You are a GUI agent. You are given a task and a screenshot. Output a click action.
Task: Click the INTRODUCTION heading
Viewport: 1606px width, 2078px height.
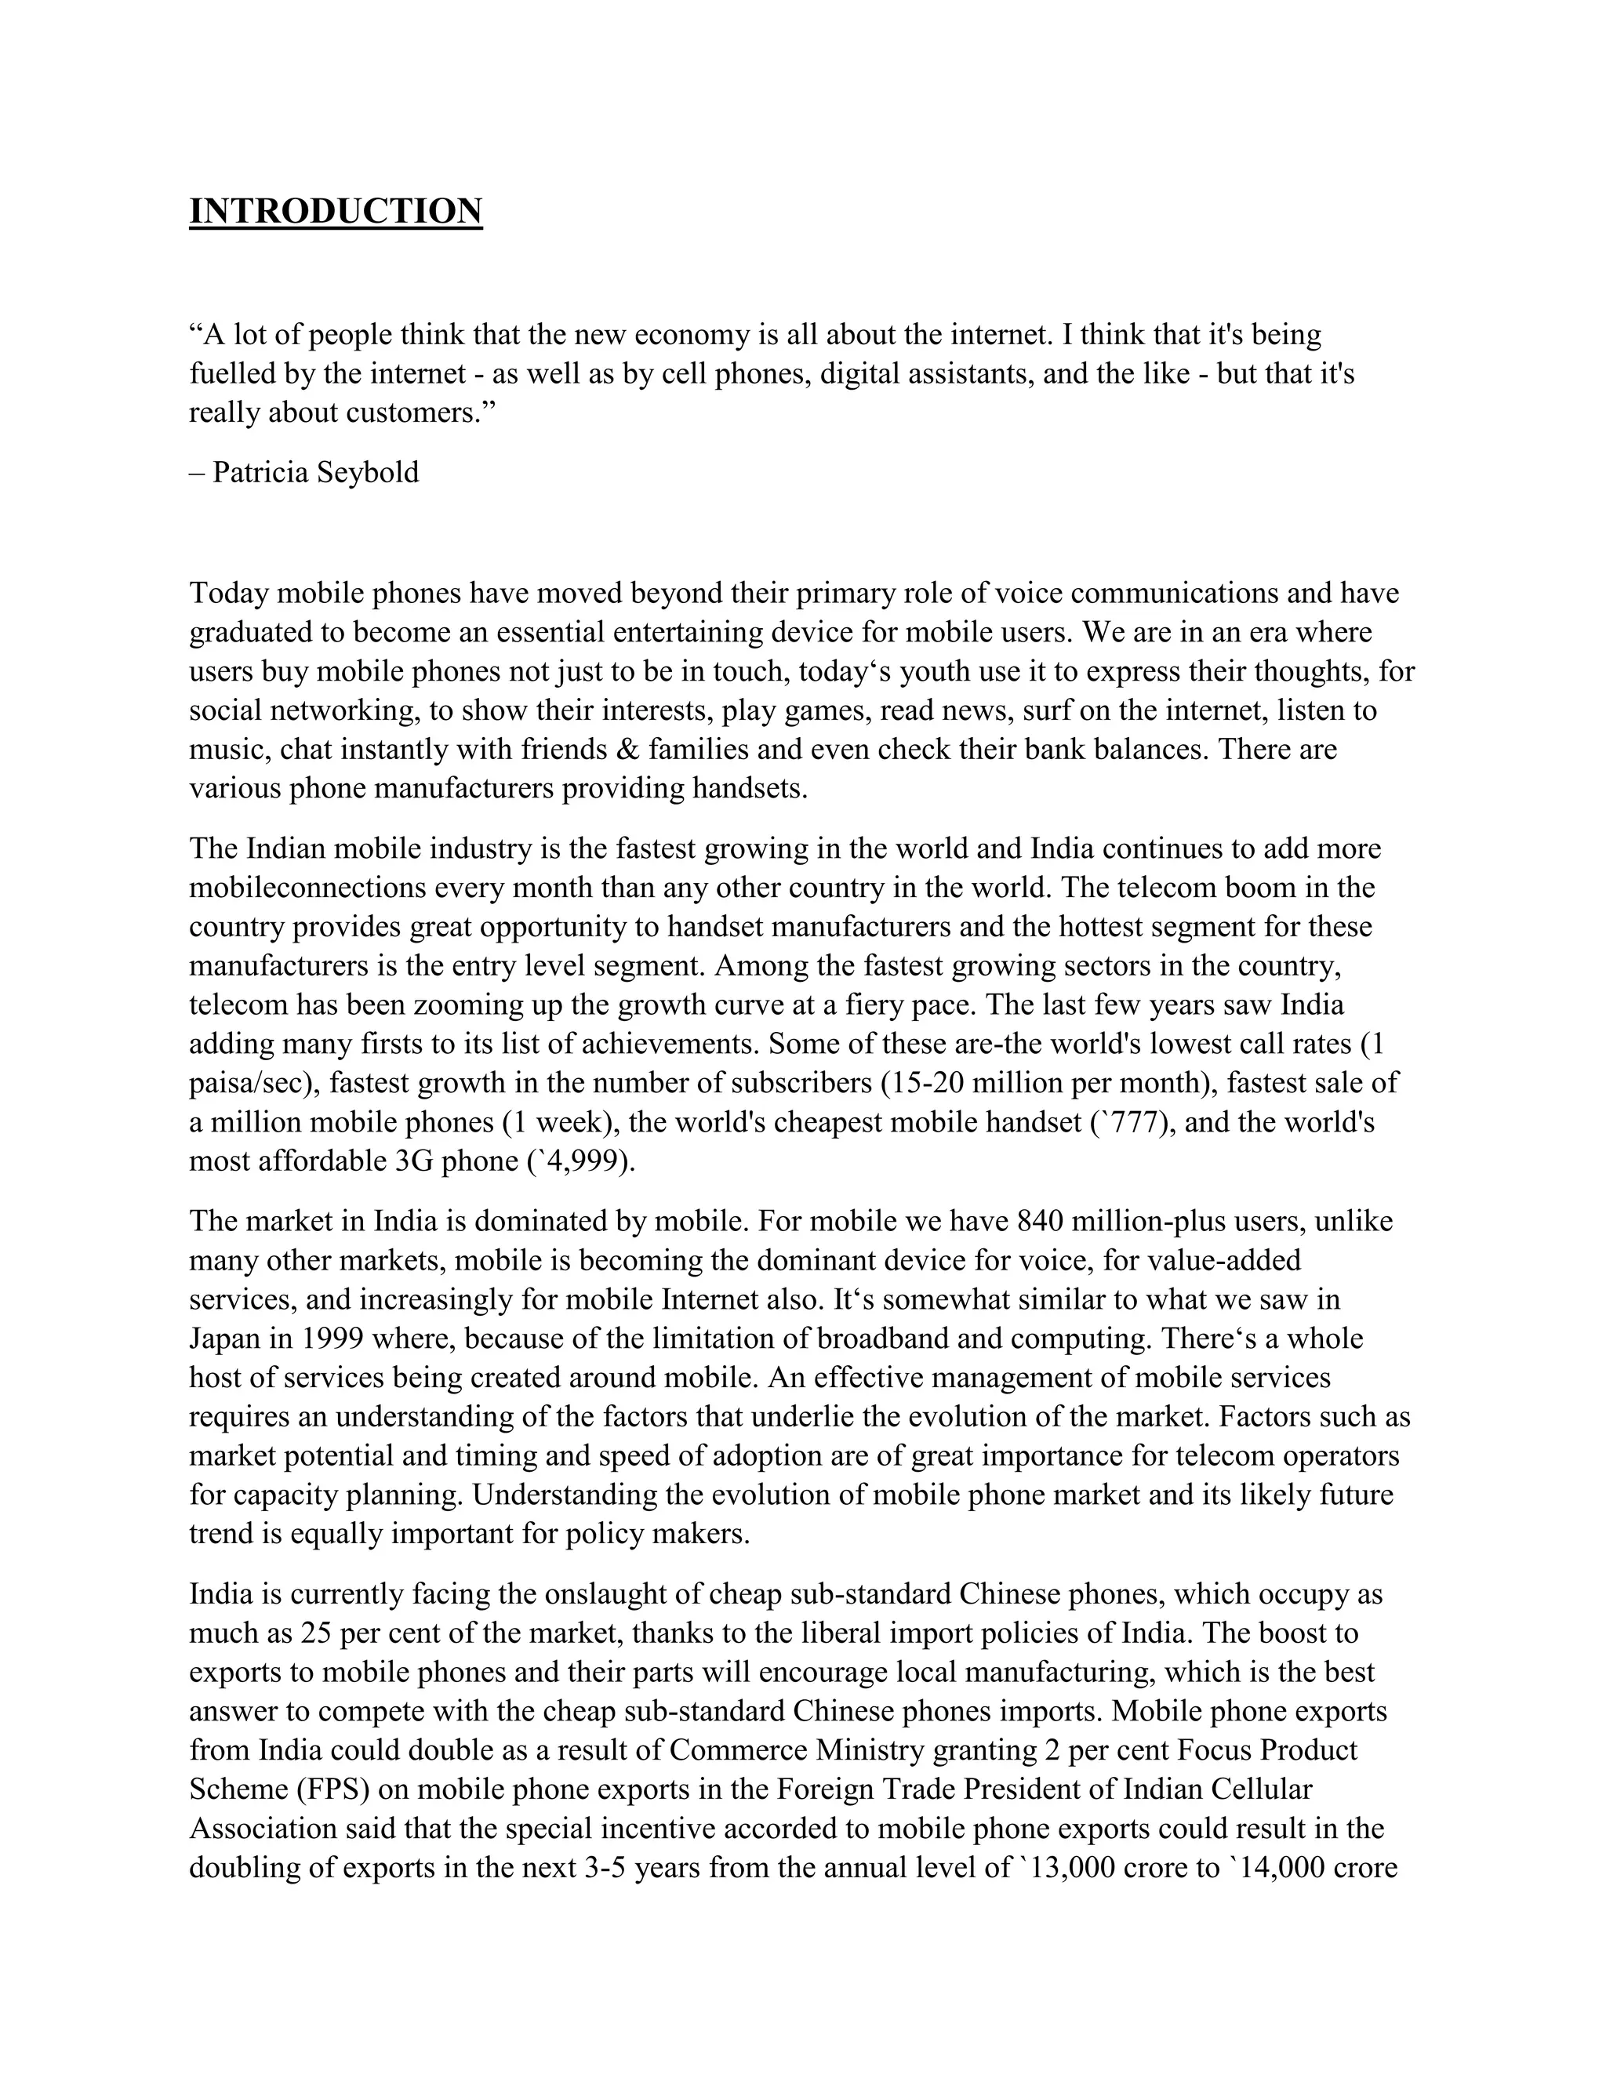tap(336, 211)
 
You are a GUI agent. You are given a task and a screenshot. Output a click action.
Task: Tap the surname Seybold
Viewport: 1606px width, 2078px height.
tap(367, 472)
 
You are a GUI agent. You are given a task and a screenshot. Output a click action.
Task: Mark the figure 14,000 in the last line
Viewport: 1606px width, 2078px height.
tap(1282, 1868)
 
